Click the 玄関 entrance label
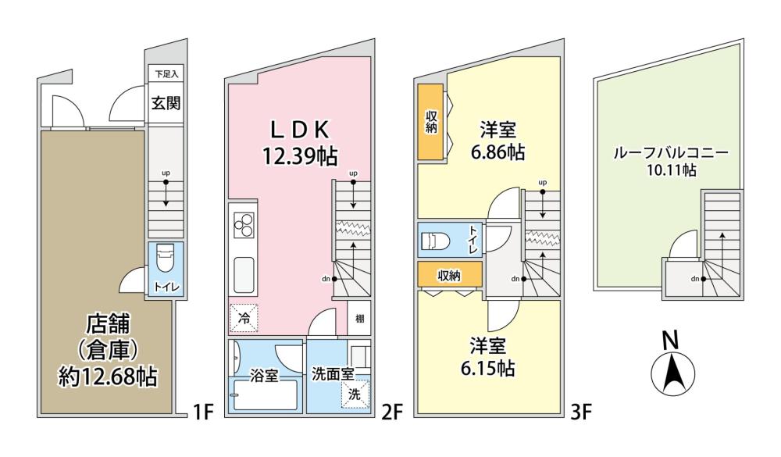(166, 103)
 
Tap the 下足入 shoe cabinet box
(166, 74)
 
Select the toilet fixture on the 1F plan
(164, 258)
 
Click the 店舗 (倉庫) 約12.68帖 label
(108, 350)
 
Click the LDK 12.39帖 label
(300, 143)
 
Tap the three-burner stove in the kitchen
(244, 225)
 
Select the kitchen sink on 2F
(244, 276)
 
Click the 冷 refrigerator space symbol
(244, 318)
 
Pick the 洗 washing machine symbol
(355, 395)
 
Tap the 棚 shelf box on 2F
(359, 317)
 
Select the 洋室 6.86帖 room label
(498, 141)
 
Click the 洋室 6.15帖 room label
(488, 357)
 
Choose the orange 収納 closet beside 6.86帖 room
(430, 122)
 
